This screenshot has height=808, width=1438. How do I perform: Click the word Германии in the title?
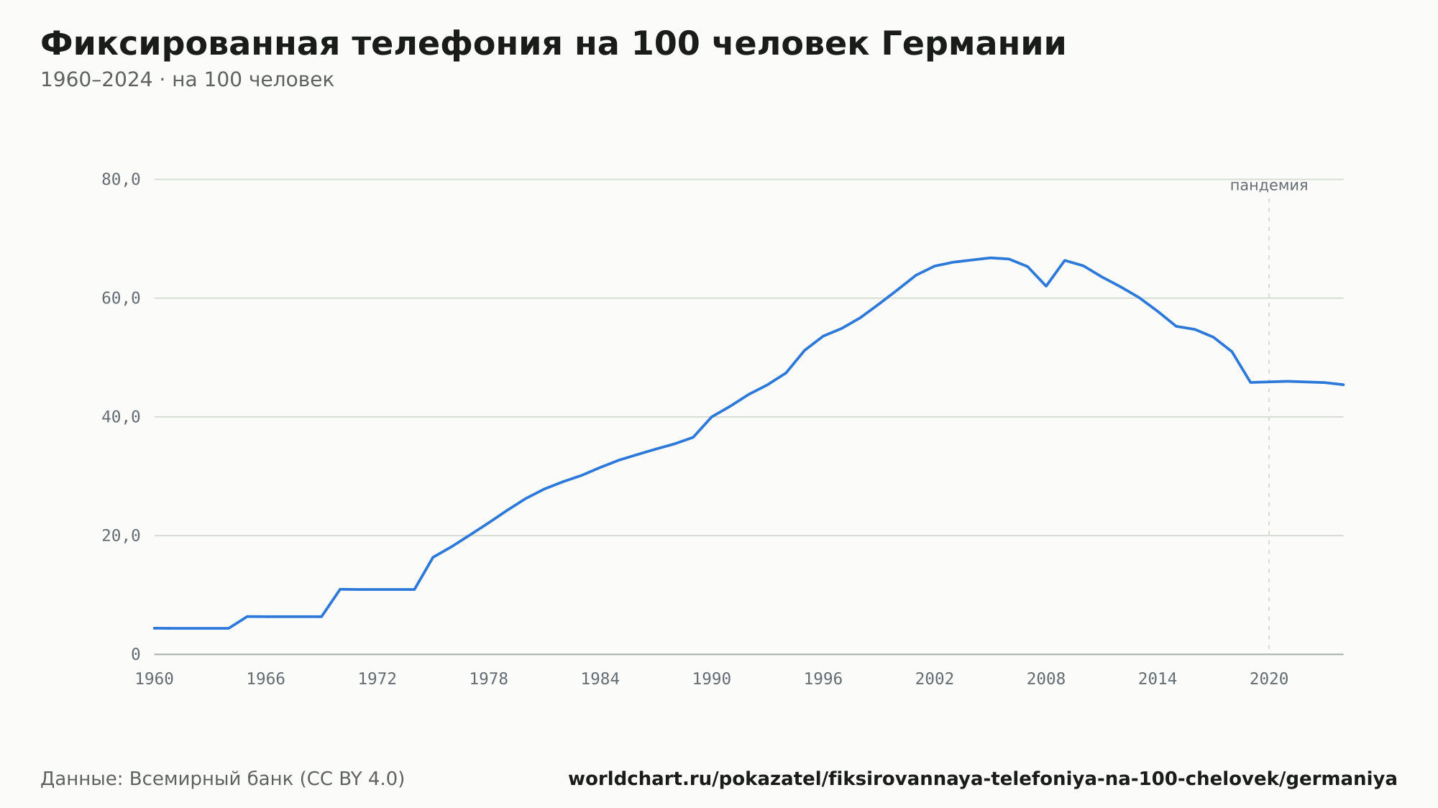[x=974, y=44]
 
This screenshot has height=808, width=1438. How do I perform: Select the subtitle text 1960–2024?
[x=96, y=80]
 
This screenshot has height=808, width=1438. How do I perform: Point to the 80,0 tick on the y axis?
[x=121, y=180]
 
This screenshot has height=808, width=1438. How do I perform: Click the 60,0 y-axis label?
[x=121, y=298]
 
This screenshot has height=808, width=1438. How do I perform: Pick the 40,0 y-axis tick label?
[x=121, y=417]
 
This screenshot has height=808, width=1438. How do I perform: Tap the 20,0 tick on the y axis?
[x=121, y=536]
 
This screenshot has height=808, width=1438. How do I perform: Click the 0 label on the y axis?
[x=135, y=654]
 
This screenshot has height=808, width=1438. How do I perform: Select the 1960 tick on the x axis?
[x=155, y=679]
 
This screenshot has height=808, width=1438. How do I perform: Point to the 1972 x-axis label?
[x=377, y=679]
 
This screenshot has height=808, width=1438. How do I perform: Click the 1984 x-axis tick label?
[x=600, y=679]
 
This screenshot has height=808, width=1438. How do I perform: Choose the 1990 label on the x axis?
[x=712, y=679]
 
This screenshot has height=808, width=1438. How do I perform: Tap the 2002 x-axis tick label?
[x=935, y=679]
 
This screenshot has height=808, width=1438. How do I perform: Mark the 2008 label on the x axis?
[x=1046, y=679]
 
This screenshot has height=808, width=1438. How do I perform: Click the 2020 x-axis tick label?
[x=1269, y=679]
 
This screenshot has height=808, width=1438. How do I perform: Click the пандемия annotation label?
[x=1269, y=185]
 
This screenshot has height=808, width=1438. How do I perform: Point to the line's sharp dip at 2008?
[x=1046, y=286]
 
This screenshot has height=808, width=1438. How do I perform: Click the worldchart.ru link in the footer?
[x=982, y=779]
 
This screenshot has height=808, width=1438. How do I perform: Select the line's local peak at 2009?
[x=1065, y=260]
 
